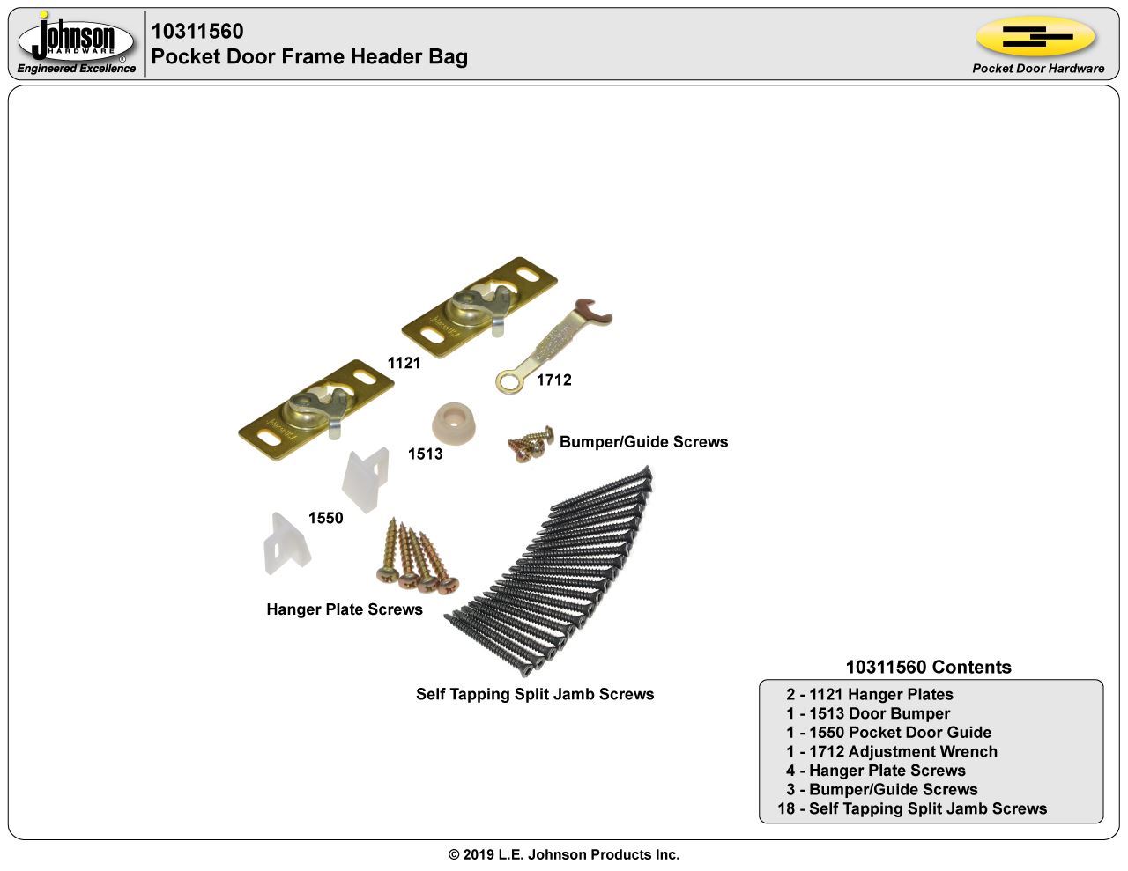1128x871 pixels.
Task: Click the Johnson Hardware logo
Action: [77, 40]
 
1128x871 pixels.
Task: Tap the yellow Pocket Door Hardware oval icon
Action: [1035, 37]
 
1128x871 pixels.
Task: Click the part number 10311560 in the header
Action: [197, 32]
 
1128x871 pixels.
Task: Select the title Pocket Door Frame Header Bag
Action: [309, 57]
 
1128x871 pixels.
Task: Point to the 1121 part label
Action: [404, 363]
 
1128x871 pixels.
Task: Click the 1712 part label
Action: [553, 380]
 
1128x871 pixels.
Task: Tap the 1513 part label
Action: [425, 454]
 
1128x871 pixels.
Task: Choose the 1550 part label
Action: [325, 518]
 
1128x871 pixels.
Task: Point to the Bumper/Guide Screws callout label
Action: [643, 442]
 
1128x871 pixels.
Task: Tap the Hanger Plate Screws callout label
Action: [345, 609]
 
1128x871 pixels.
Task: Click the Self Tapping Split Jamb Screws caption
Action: [535, 694]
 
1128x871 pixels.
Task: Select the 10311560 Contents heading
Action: [928, 667]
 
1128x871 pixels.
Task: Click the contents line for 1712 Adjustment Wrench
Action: [892, 751]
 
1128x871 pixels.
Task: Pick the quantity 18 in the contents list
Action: [786, 808]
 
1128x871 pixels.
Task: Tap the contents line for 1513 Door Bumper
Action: [868, 713]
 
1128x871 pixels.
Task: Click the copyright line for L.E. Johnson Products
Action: [564, 854]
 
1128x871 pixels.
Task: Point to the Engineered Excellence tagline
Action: [77, 69]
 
